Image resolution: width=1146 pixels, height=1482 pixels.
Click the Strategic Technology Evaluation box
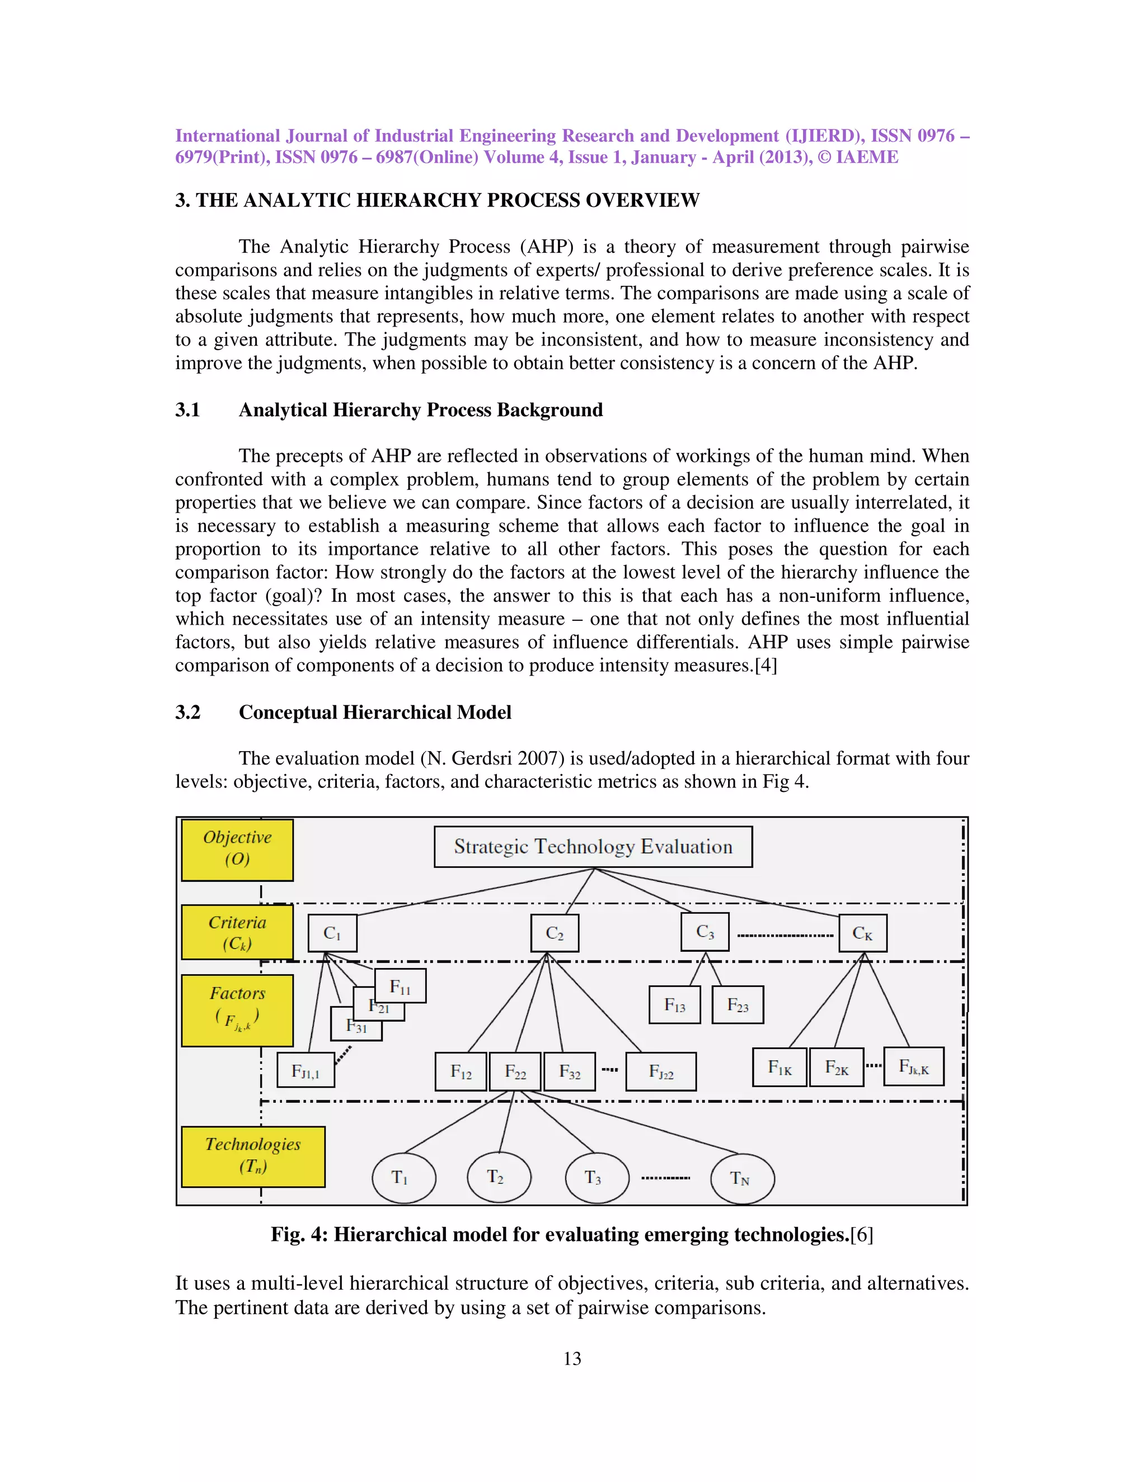pos(593,846)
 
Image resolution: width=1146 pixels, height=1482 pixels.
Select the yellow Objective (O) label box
pos(237,849)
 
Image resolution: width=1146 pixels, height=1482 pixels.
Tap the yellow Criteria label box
pos(237,932)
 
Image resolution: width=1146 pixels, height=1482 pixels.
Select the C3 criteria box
pos(704,932)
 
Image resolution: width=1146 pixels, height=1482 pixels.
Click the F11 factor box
pos(401,986)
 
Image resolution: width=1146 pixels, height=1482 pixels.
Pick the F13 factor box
pos(674,1005)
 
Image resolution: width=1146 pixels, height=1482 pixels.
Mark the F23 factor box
pos(738,1005)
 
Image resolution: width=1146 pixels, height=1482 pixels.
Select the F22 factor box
pos(515,1072)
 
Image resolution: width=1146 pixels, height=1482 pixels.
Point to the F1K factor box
pos(779,1068)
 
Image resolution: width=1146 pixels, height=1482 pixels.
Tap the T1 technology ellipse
pos(403,1178)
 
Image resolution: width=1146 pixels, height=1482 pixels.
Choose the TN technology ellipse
pos(741,1179)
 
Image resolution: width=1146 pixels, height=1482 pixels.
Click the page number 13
pos(572,1358)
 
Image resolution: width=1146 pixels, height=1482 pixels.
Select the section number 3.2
pos(188,712)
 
